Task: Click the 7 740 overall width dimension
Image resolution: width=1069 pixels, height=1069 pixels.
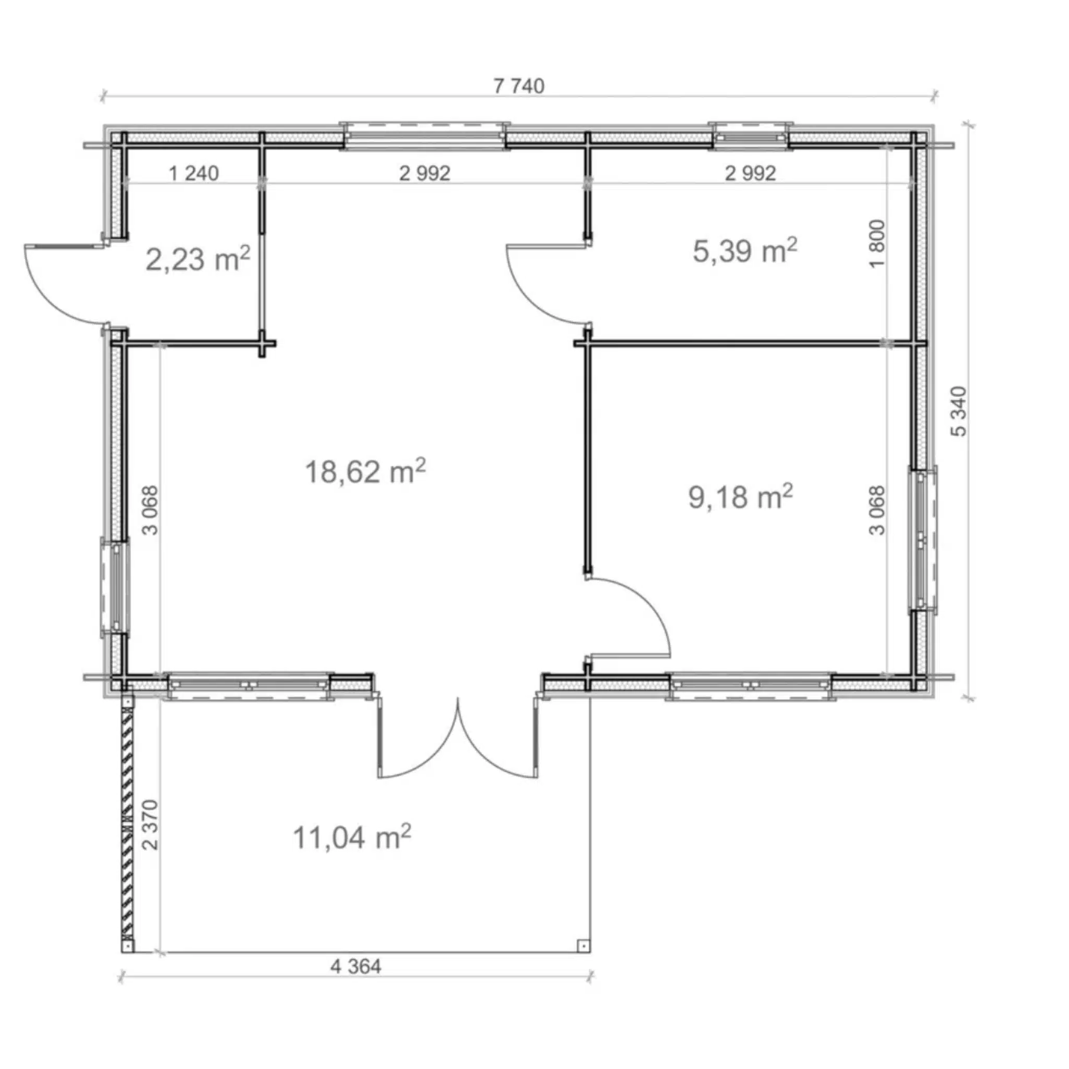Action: click(518, 86)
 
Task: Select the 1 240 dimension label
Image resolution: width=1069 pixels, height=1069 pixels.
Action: click(194, 173)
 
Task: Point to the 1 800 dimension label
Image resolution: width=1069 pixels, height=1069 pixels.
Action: click(877, 244)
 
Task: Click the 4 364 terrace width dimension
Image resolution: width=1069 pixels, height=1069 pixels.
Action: click(356, 967)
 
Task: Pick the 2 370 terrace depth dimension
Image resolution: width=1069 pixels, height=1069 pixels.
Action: click(150, 824)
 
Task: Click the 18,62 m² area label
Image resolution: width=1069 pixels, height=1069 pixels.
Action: click(365, 471)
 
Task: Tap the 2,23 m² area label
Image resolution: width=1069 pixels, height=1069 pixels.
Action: click(197, 258)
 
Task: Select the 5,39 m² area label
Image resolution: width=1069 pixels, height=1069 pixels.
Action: click(745, 251)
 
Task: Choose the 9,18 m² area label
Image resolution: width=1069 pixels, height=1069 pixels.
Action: click(740, 496)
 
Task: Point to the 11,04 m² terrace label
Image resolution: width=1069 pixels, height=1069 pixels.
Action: click(352, 837)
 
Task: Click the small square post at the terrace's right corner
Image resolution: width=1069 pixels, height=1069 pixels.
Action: click(583, 946)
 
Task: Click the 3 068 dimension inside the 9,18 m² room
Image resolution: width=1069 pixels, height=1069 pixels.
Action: click(877, 510)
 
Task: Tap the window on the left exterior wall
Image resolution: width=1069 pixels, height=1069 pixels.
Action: click(114, 587)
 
